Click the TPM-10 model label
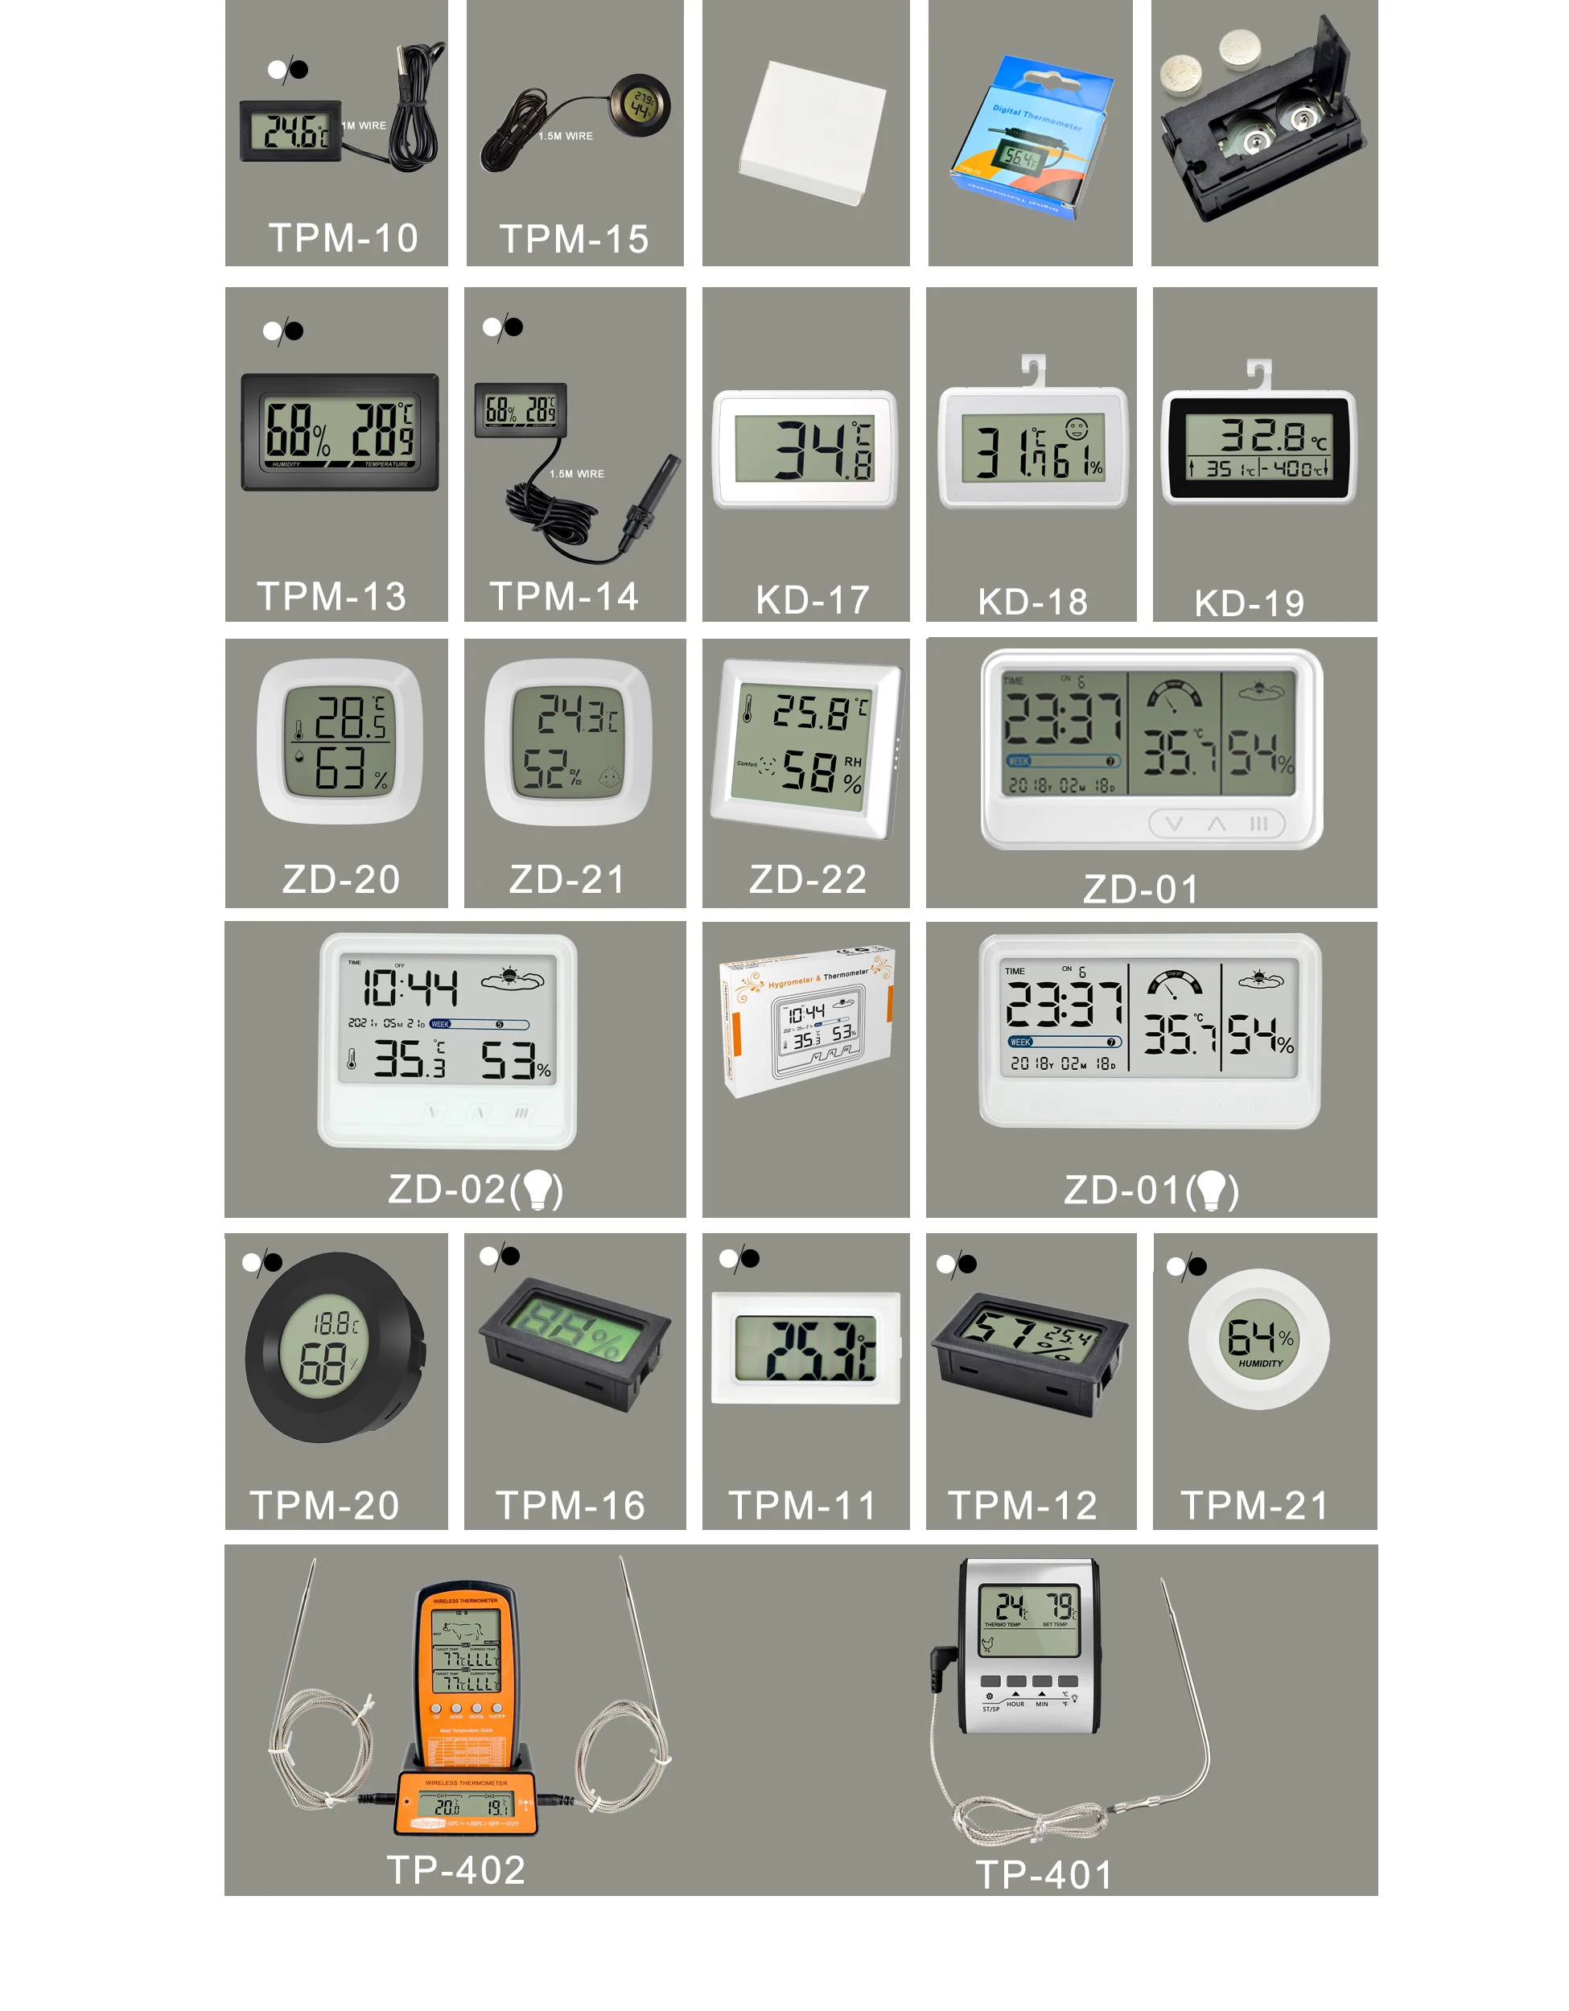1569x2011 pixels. pyautogui.click(x=343, y=237)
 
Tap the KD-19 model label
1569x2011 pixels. pyautogui.click(x=1249, y=603)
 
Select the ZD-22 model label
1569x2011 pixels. pyautogui.click(x=808, y=878)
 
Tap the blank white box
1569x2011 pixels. pyautogui.click(x=811, y=130)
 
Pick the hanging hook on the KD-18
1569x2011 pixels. pyautogui.click(x=1035, y=369)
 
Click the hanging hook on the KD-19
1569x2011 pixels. pyautogui.click(x=1258, y=373)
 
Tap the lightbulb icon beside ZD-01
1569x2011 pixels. pyautogui.click(x=1212, y=1190)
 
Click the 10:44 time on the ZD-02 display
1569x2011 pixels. pyautogui.click(x=410, y=988)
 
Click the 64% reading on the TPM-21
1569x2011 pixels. pyautogui.click(x=1258, y=1337)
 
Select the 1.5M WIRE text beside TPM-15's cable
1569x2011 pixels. pyautogui.click(x=566, y=136)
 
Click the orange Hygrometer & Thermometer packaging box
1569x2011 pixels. pyautogui.click(x=805, y=1018)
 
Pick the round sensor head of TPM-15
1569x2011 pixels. pyautogui.click(x=640, y=107)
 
